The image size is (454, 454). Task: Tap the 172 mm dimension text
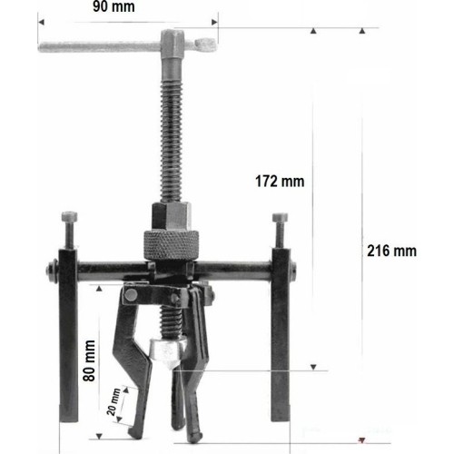coord(280,181)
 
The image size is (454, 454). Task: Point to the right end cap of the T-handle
coord(206,42)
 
